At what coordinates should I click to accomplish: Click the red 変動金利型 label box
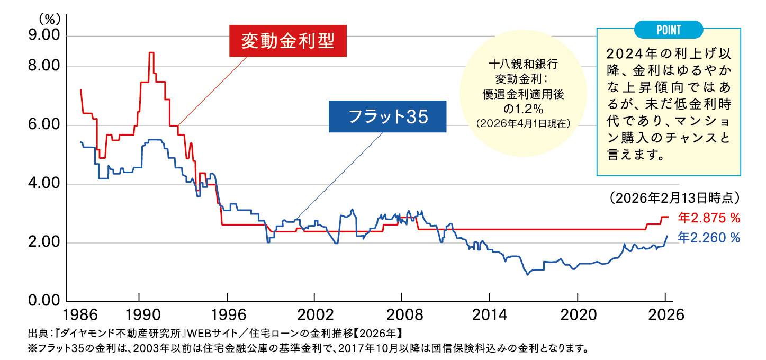[x=288, y=41]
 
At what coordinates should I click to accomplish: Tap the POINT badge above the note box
[x=668, y=30]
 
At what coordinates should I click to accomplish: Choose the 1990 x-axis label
[x=139, y=314]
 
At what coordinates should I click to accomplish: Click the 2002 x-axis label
[x=314, y=314]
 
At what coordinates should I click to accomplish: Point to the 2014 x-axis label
[x=489, y=314]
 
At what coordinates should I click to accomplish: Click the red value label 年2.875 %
[x=709, y=218]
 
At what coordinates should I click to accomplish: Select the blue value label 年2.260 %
[x=709, y=238]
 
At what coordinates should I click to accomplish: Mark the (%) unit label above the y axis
[x=48, y=19]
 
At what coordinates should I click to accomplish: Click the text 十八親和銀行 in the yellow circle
[x=523, y=66]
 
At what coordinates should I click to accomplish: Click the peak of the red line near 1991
[x=151, y=53]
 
